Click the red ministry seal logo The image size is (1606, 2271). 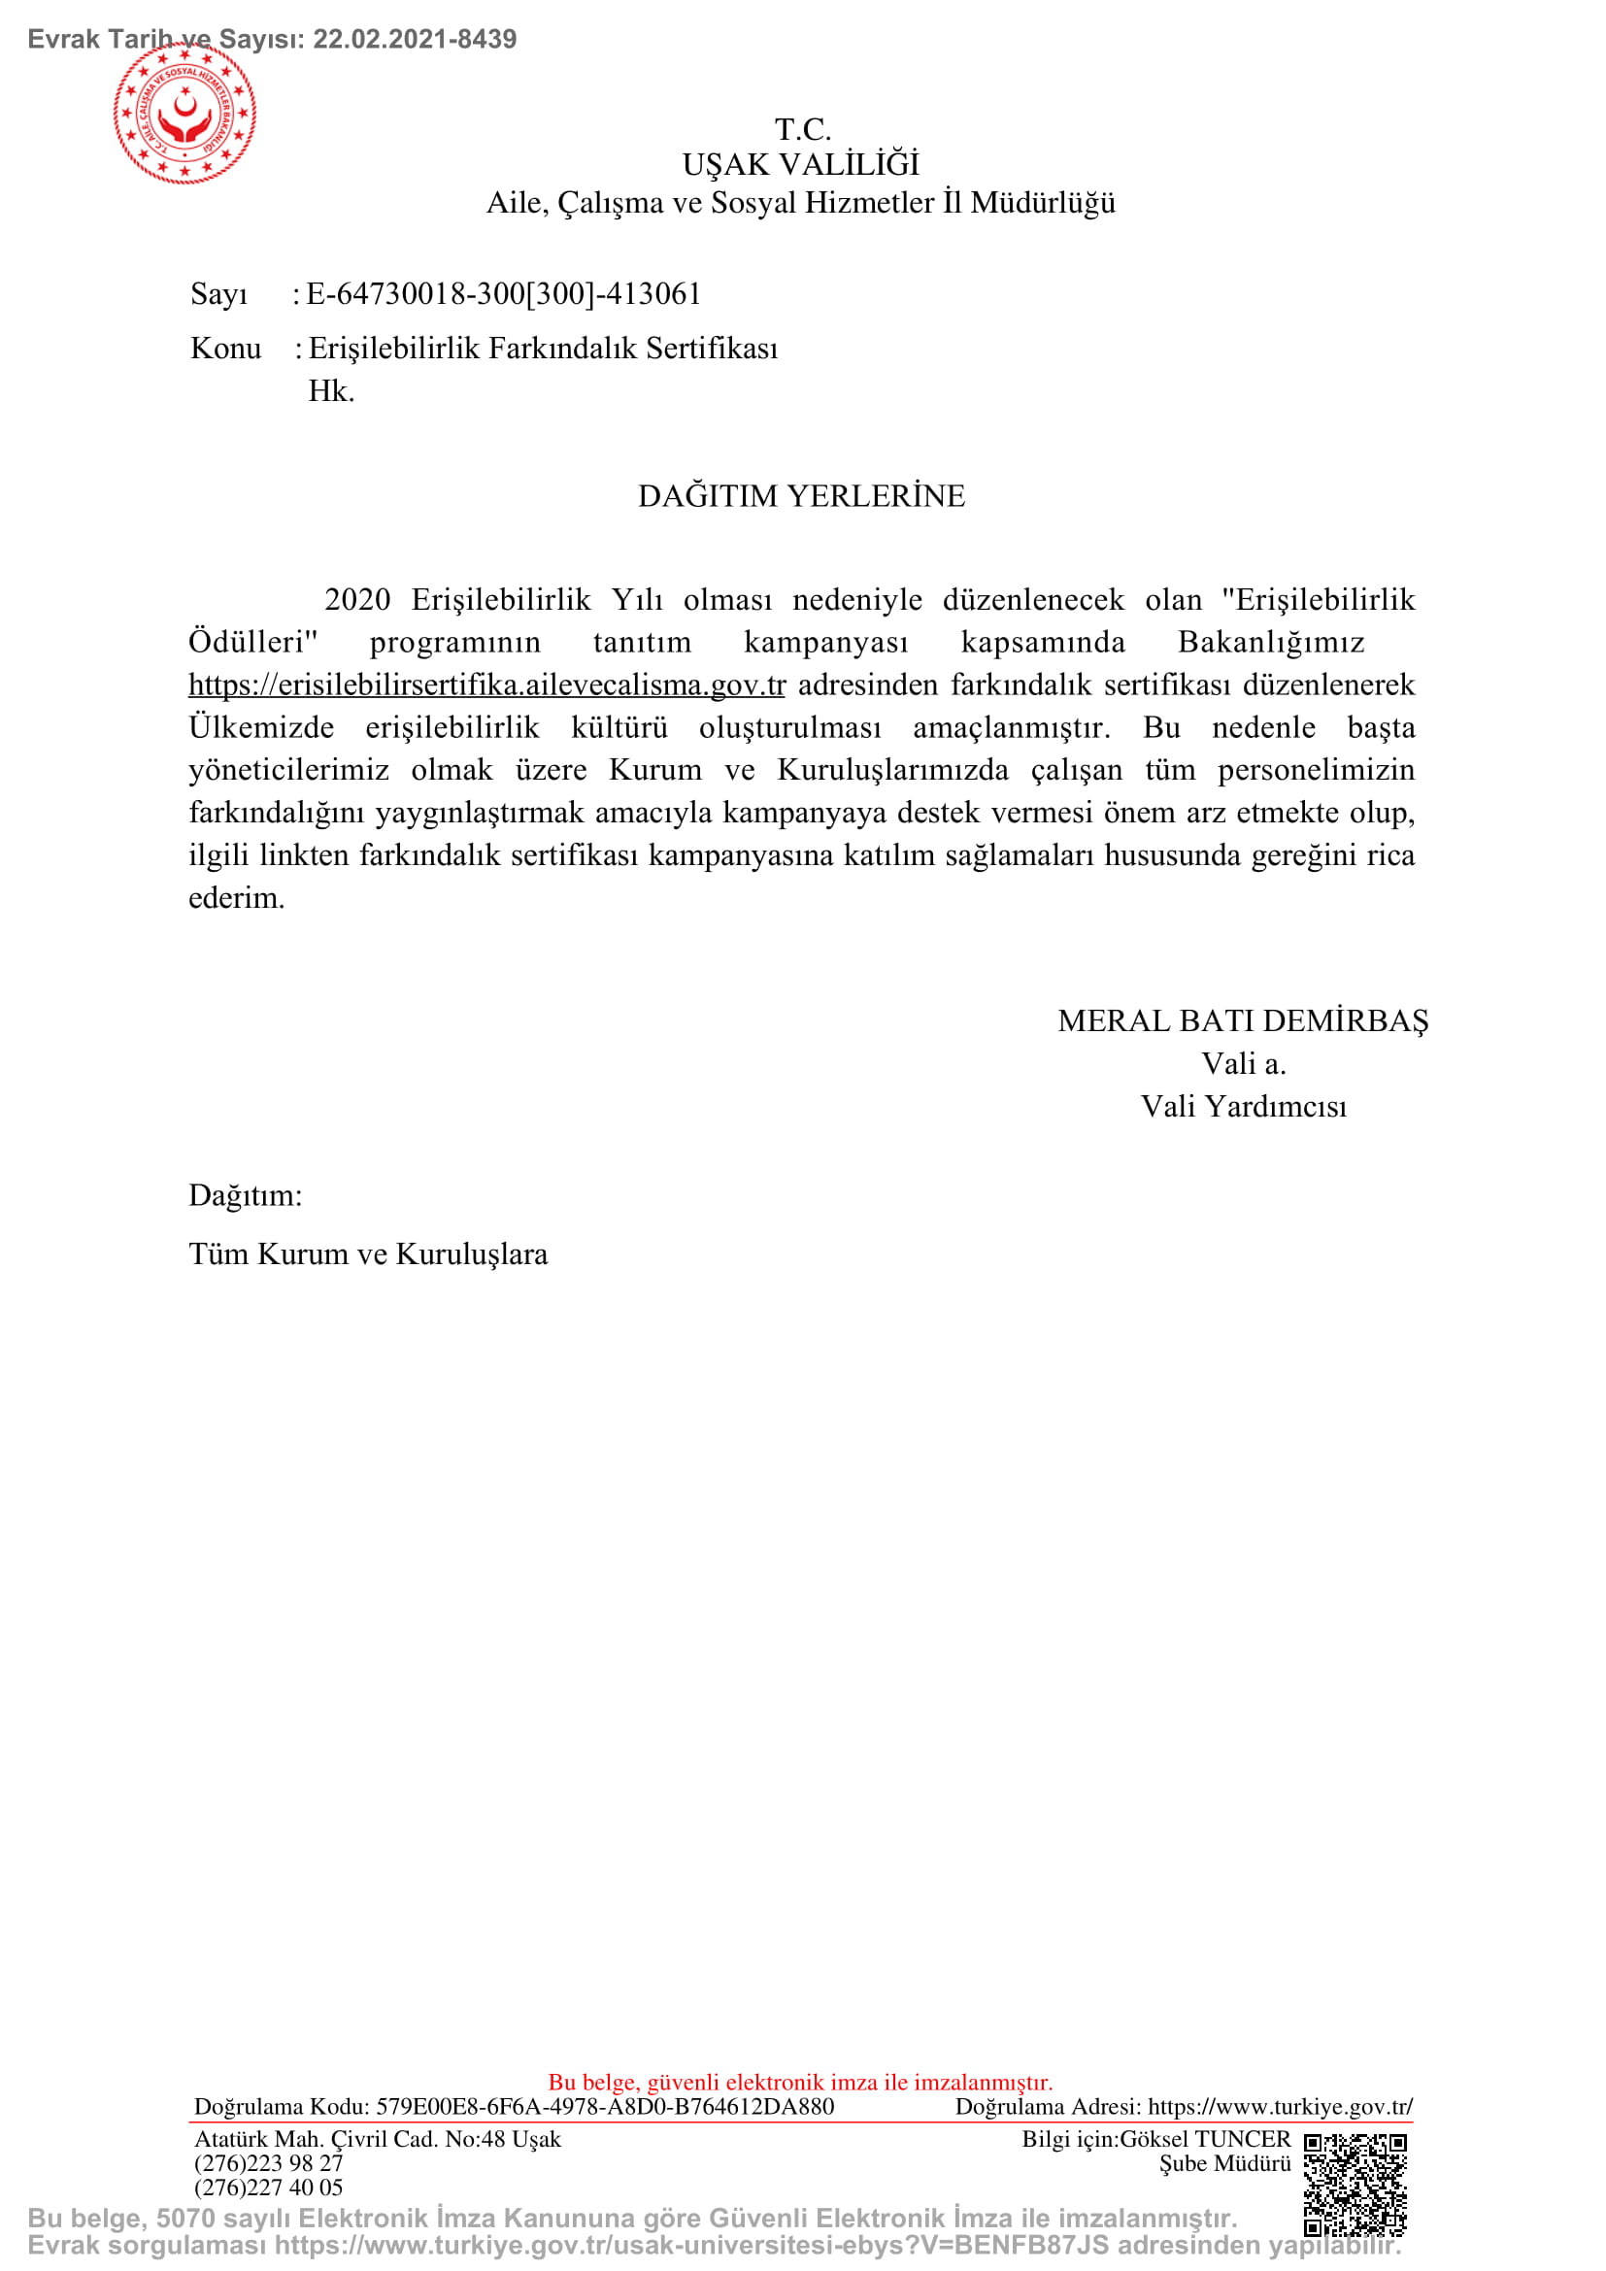(x=184, y=113)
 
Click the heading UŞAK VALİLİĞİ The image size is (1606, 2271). (x=801, y=164)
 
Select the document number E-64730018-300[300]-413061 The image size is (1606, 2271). (x=503, y=294)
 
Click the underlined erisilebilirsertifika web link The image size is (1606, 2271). (x=486, y=685)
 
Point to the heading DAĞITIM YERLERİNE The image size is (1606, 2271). (x=801, y=495)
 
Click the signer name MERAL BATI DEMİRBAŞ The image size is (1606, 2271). (x=1243, y=1020)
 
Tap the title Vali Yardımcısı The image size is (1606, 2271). (x=1243, y=1106)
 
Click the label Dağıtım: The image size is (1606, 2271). (x=246, y=1196)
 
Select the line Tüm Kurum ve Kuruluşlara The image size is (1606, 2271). (x=368, y=1254)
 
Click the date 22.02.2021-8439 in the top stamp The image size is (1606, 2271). (x=415, y=40)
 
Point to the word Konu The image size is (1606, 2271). (x=225, y=349)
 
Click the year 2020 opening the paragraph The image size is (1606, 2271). (x=357, y=599)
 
